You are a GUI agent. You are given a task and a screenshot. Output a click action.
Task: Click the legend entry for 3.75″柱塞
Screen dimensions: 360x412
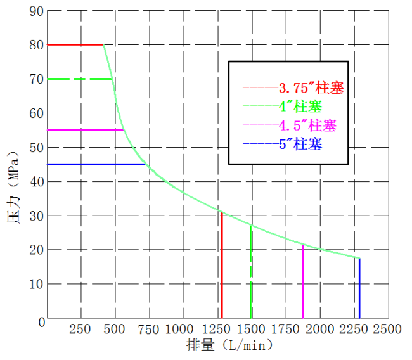[x=293, y=87]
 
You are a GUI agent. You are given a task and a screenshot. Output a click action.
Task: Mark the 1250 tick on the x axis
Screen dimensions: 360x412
[x=217, y=330]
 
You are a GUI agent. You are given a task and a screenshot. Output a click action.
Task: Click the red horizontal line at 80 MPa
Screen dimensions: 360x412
[x=75, y=44]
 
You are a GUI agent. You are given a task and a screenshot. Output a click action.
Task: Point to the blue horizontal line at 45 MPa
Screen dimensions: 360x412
[x=95, y=164]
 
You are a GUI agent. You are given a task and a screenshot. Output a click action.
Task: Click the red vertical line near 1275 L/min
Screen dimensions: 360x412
[x=222, y=266]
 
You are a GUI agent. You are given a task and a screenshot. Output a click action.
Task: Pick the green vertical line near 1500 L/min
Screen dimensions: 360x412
[x=251, y=273]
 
